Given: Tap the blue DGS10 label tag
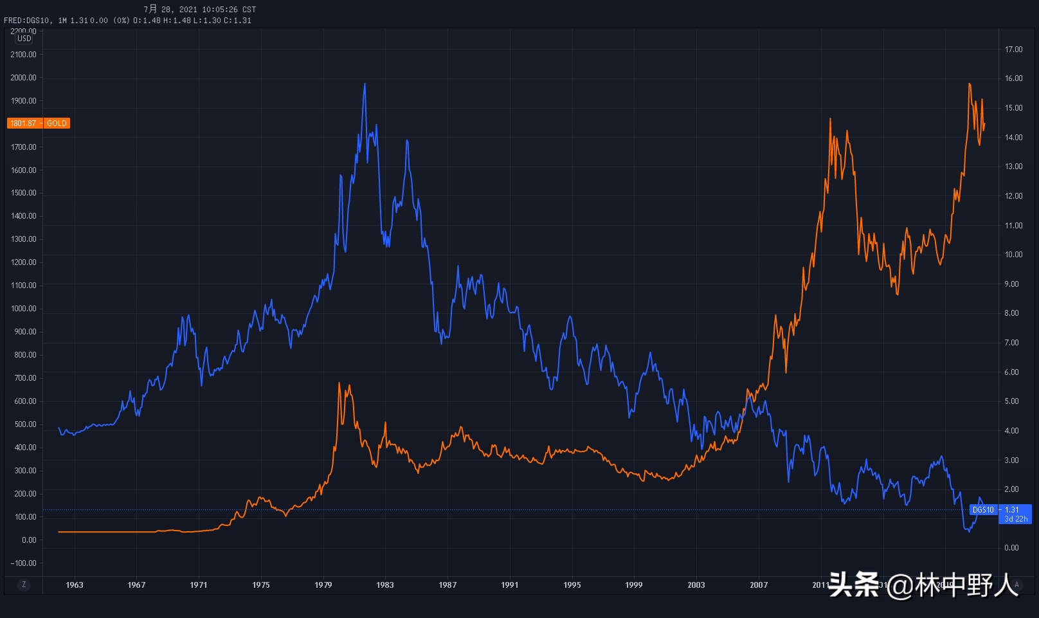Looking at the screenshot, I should click(983, 510).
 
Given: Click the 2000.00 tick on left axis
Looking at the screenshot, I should click(24, 78).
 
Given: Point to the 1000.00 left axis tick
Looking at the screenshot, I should click(24, 309).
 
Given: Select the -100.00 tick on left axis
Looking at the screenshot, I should click(24, 563).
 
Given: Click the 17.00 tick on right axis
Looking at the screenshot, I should click(1014, 50).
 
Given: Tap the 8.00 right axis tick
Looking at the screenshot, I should click(1012, 313).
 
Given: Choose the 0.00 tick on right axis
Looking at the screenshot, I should click(1012, 548).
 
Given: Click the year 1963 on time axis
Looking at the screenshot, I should click(75, 585).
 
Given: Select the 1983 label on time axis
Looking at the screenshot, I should click(385, 585).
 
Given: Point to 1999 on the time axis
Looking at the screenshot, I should click(634, 585).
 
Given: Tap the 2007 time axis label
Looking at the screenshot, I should click(759, 585).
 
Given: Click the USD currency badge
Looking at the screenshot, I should click(24, 39).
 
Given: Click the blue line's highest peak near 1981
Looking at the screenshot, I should click(365, 84).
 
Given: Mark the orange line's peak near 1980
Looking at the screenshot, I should click(339, 383).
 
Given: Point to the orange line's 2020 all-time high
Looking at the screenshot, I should click(970, 84).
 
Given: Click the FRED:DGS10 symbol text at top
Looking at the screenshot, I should click(27, 21).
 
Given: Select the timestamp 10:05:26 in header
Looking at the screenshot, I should click(220, 10).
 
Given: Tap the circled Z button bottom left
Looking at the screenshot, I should click(24, 585).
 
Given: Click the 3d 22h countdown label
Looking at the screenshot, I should click(1016, 519).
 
